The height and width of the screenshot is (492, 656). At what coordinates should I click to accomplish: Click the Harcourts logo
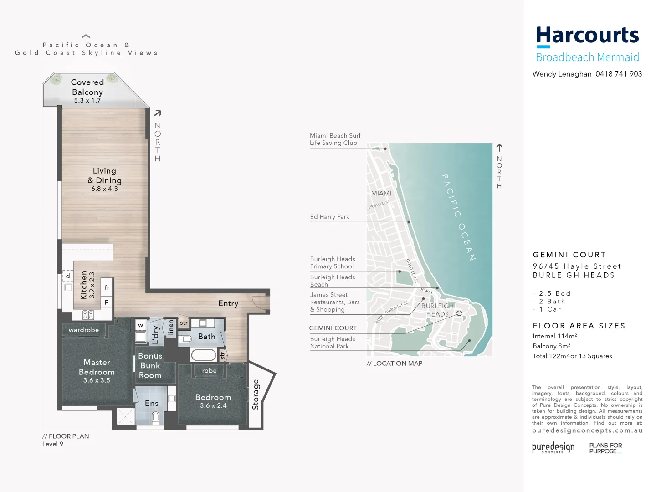click(587, 36)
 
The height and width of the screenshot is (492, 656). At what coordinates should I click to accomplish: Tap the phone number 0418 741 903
click(619, 74)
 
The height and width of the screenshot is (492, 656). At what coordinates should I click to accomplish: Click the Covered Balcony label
click(87, 87)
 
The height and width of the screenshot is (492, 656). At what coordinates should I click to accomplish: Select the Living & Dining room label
click(105, 176)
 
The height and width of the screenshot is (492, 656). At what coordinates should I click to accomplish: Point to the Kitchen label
click(84, 285)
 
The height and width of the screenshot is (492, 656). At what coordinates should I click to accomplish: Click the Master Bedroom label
click(97, 367)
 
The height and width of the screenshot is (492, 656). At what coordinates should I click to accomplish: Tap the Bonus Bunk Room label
click(150, 365)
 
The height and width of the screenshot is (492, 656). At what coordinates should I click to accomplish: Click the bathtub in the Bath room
click(203, 355)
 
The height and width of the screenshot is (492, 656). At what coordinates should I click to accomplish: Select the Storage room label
click(256, 395)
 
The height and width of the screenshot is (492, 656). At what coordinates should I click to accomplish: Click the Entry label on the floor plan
click(228, 304)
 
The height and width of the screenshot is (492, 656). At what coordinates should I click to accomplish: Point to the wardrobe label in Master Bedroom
click(84, 330)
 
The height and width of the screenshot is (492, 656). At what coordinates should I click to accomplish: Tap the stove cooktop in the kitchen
click(88, 314)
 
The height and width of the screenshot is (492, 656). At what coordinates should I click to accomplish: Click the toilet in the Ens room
click(155, 416)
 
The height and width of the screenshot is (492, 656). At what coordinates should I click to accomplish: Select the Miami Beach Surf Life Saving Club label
click(335, 139)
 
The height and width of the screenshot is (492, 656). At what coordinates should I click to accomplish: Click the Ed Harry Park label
click(330, 217)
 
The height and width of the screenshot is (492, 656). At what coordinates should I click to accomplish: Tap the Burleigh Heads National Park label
click(333, 343)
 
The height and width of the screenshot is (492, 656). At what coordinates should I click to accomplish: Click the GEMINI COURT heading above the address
click(569, 255)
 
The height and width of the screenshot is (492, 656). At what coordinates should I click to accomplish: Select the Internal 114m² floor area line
click(555, 336)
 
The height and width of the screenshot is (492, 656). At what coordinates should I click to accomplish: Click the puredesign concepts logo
click(553, 447)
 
